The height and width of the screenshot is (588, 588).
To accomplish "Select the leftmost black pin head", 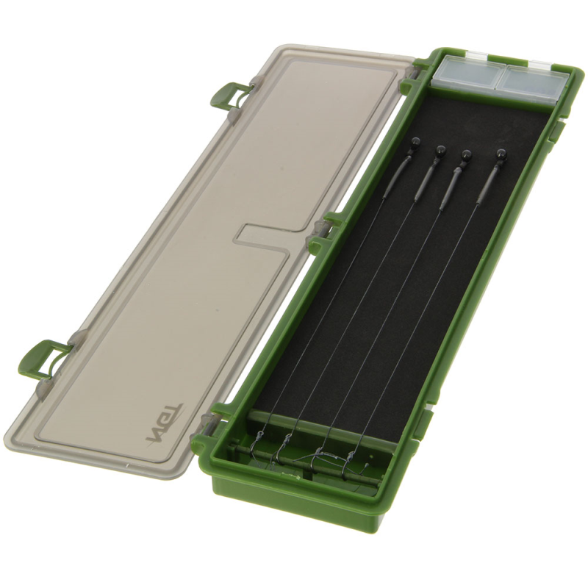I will [414, 142].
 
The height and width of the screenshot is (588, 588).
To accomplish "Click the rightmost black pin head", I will [502, 154].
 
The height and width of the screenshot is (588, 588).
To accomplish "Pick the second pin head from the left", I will [440, 149].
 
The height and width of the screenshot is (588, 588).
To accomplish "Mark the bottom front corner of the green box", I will [220, 489].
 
